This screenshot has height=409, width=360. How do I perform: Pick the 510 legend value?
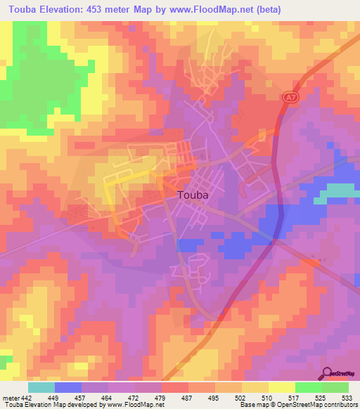268,398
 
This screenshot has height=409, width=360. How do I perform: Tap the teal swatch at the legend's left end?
41,387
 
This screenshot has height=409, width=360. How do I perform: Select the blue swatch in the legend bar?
68,387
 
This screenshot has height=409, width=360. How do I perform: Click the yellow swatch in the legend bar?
281,387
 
